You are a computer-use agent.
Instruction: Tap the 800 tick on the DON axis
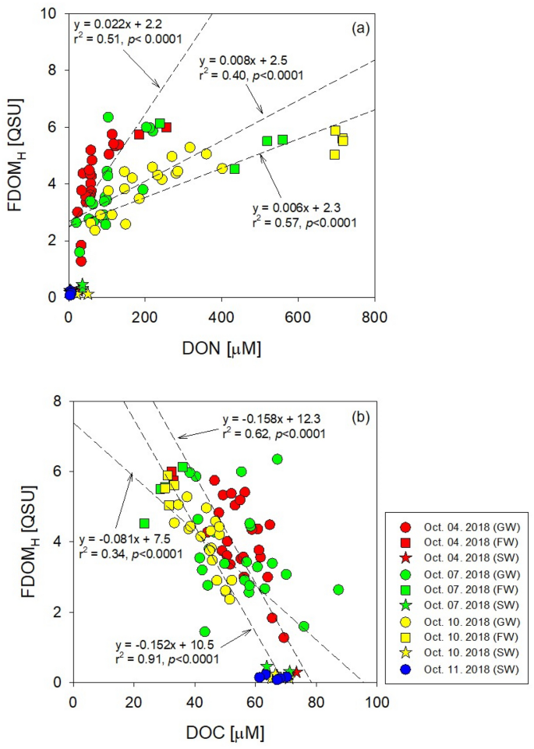(x=374, y=316)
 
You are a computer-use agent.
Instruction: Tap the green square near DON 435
(x=235, y=169)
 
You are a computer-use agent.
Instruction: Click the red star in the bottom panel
(x=295, y=673)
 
